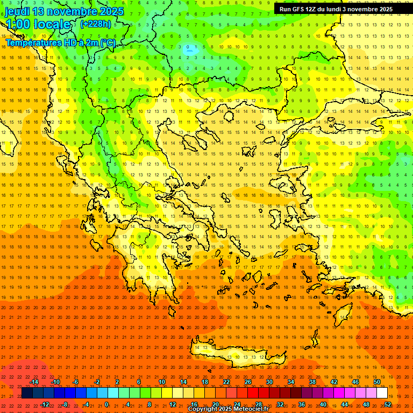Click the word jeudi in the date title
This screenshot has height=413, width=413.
[x=18, y=11]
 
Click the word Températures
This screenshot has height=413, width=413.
[x=33, y=42]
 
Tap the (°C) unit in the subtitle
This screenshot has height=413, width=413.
[x=108, y=42]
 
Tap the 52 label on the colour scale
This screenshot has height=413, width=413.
[x=388, y=404]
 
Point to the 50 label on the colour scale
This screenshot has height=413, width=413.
[x=377, y=382]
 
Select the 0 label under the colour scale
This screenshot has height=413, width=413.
[x=106, y=404]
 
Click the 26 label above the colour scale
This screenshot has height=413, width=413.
[x=248, y=382]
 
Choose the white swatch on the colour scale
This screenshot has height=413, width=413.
[x=382, y=393]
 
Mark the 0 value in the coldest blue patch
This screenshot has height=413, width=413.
[x=188, y=47]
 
